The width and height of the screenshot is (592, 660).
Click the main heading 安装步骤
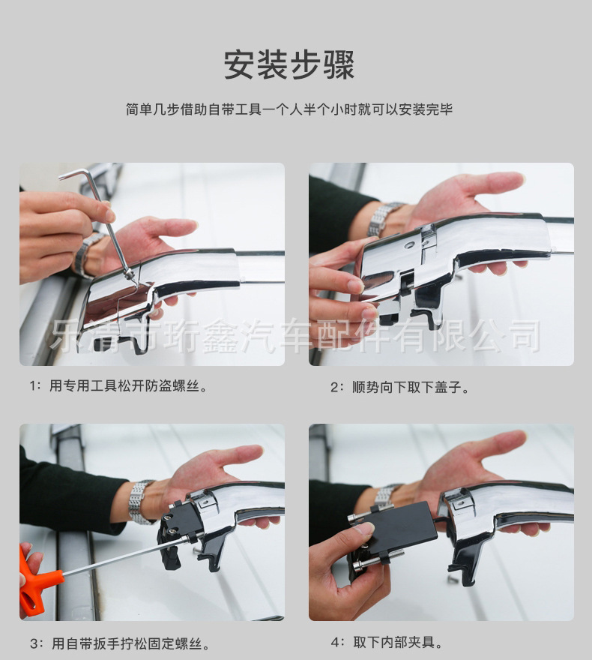289,64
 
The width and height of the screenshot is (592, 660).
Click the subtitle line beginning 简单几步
289,109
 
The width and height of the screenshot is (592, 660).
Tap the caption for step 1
119,385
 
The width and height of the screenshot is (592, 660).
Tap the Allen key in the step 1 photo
101,223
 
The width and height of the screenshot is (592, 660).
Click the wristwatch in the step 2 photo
384,219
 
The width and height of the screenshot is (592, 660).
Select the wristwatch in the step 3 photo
142,502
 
